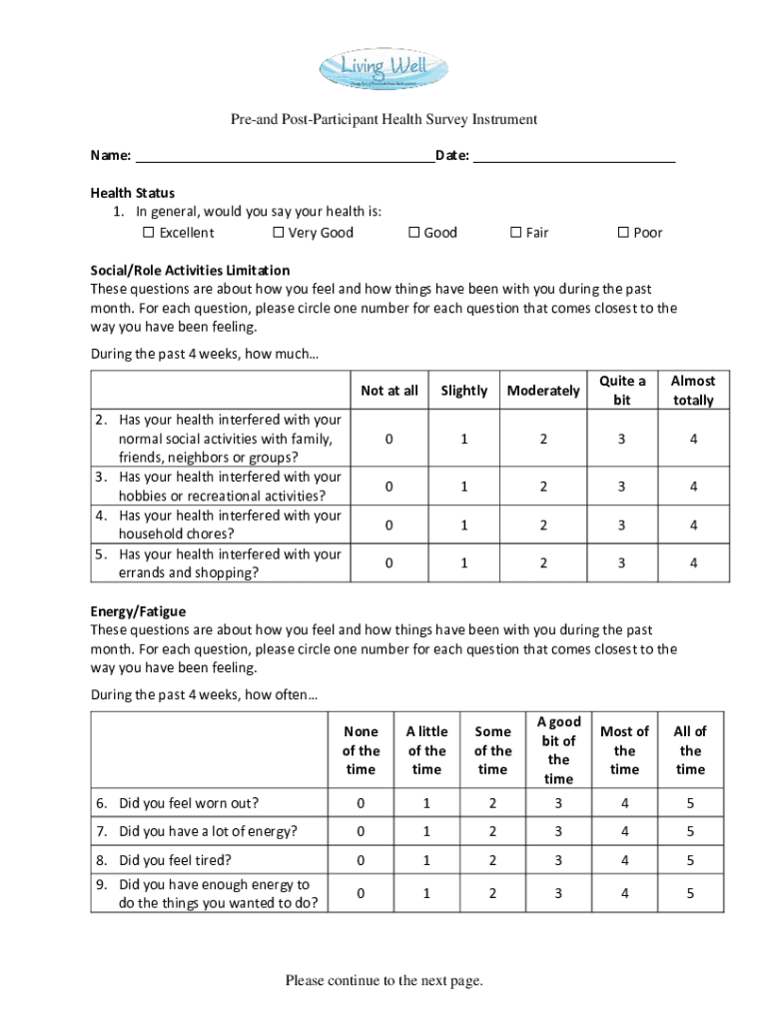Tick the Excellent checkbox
point(149,233)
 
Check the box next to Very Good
point(279,233)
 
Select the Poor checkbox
point(623,233)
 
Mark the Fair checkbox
point(516,233)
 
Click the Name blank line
point(284,157)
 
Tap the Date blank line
point(574,157)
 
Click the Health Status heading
point(133,193)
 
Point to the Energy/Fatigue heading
point(138,610)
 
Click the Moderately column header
point(543,391)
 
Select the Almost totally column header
point(693,391)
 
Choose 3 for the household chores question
point(621,525)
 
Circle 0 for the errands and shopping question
point(388,563)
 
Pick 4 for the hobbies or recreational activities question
point(693,487)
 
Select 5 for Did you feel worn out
point(690,803)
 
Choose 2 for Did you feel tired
point(492,860)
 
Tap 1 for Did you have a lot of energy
point(426,831)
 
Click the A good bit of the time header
point(558,750)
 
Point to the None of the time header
point(361,750)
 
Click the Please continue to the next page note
point(384,981)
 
